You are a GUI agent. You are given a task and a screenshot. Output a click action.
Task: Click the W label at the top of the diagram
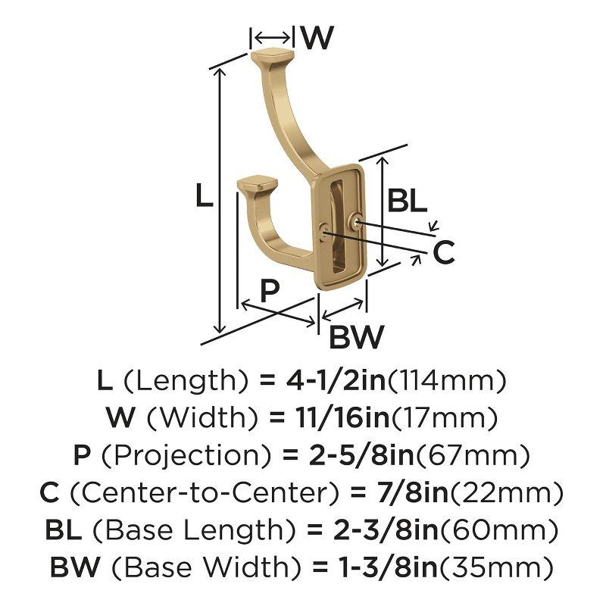click(317, 37)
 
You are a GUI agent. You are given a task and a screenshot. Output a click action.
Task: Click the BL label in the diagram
click(408, 201)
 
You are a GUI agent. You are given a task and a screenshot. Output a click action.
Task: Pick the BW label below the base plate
click(357, 336)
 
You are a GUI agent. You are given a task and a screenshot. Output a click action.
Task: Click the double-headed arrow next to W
click(271, 37)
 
